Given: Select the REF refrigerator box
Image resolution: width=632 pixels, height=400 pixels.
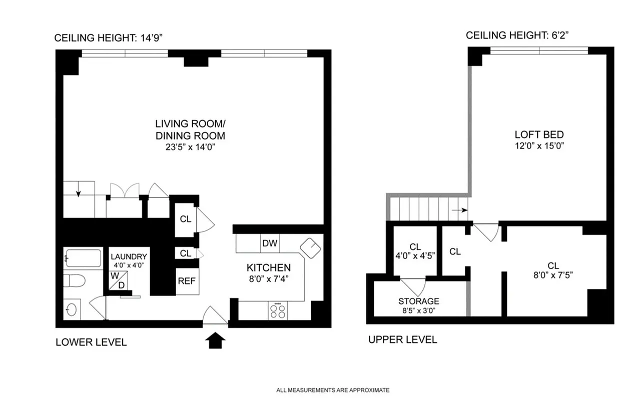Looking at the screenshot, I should coord(186,281).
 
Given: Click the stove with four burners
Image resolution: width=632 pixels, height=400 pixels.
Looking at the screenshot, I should coord(278,311).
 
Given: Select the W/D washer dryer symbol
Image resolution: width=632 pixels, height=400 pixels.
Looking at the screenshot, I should coord(118,280).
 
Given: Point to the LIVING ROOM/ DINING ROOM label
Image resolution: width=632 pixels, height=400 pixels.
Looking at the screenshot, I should coord(190,129).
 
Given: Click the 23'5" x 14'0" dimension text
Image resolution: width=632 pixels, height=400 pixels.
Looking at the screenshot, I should coord(190,147).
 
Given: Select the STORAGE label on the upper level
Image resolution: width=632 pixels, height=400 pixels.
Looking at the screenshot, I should coord(419,301).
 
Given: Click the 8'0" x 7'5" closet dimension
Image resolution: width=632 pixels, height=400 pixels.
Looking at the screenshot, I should coord(552,275).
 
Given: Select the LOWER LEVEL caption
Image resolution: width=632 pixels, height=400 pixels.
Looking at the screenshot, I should coord(91,342).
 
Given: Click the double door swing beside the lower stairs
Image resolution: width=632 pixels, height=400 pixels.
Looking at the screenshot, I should coord(124,192).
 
